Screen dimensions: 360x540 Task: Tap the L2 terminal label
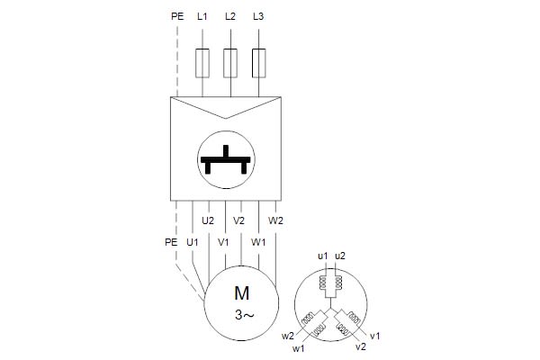(230, 17)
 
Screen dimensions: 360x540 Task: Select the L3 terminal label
(259, 17)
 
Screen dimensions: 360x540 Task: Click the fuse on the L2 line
(230, 62)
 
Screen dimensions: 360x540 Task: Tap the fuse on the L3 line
(259, 62)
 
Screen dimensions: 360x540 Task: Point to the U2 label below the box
(207, 220)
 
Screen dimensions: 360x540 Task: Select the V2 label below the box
(238, 220)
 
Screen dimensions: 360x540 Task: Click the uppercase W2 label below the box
(276, 220)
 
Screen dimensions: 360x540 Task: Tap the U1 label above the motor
(192, 242)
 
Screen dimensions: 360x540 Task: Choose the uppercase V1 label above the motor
(224, 242)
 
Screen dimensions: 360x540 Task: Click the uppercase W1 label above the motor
(258, 242)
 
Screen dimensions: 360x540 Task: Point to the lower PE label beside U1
(171, 242)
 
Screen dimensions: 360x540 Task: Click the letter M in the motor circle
(240, 292)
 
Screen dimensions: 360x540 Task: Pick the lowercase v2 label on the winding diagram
(361, 346)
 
